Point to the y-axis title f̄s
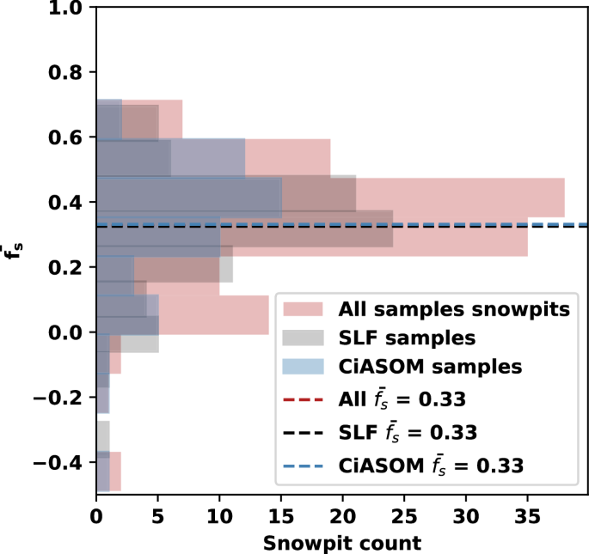click(x=13, y=250)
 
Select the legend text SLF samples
click(x=408, y=337)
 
